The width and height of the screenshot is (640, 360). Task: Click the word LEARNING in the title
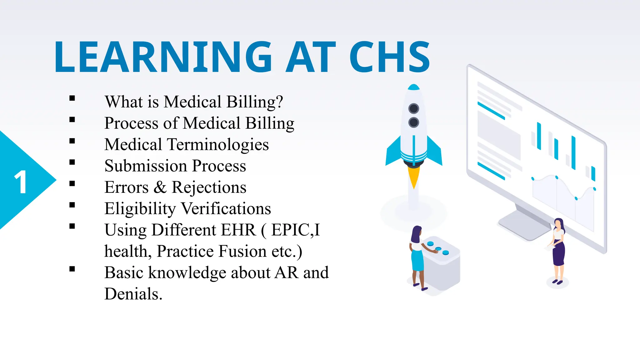tap(162, 57)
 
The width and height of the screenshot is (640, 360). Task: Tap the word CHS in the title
tap(390, 57)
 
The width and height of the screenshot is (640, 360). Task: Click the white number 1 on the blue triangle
tap(21, 182)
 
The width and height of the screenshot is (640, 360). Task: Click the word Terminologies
tap(218, 145)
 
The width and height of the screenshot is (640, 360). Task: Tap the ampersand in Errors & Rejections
tap(160, 187)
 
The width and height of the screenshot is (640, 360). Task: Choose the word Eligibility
tap(140, 209)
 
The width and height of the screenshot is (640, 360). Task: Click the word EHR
tap(238, 230)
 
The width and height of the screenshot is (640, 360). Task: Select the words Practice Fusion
tap(211, 251)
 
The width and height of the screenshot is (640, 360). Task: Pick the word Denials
tap(133, 294)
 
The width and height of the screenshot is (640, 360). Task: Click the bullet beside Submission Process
tap(72, 162)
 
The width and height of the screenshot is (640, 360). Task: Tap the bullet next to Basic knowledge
tap(72, 269)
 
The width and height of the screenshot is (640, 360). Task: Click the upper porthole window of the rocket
tap(414, 108)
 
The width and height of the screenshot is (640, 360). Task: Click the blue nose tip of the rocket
tap(414, 87)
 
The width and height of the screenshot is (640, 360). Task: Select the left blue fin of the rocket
tap(394, 153)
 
